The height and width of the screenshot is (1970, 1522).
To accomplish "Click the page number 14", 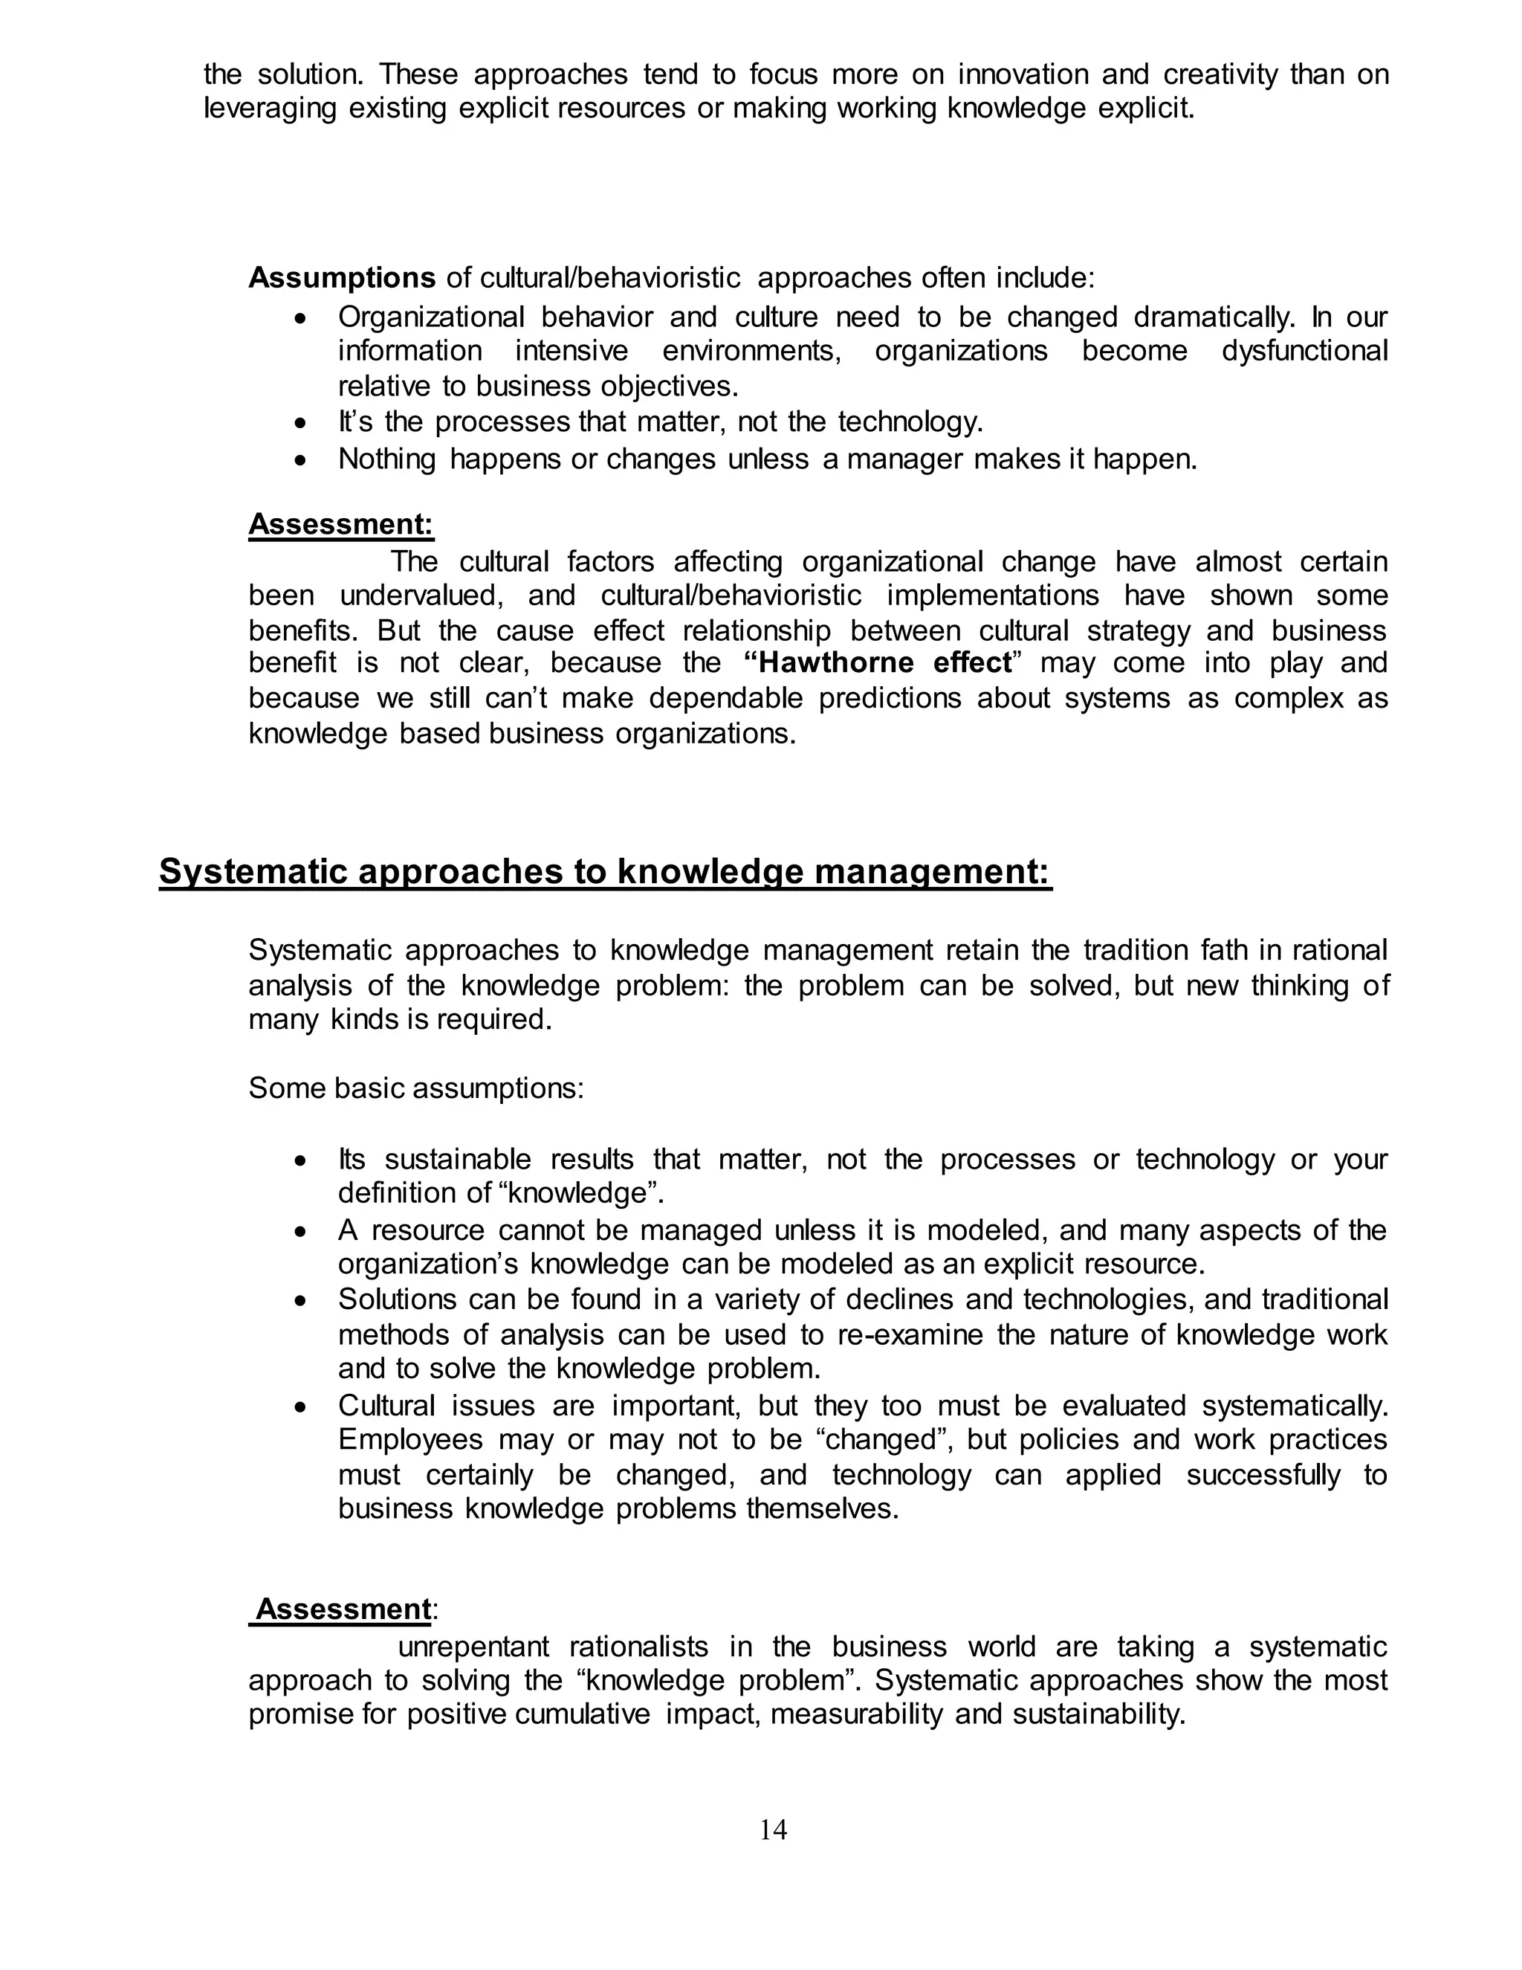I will coord(773,1829).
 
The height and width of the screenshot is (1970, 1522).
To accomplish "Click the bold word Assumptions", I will coord(342,278).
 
